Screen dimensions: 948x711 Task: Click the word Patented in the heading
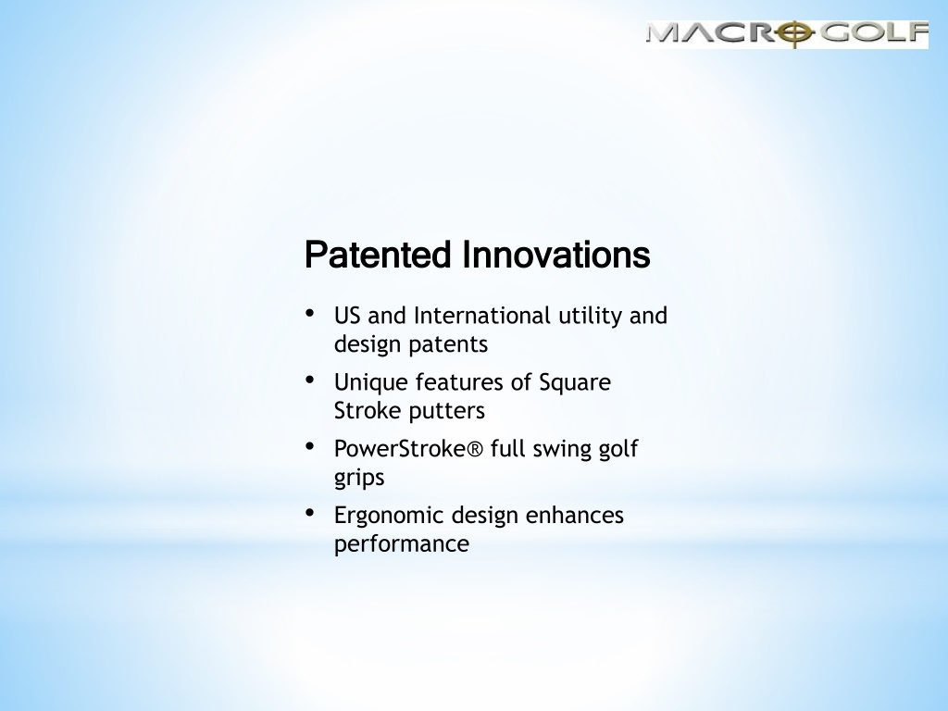(378, 255)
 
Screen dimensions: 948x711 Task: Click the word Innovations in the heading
(556, 255)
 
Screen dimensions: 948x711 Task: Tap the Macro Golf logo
(787, 34)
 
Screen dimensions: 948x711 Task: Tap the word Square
(574, 383)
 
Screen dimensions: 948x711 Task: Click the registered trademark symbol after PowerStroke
(476, 449)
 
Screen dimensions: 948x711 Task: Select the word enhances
(574, 515)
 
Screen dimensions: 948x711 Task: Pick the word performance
(402, 544)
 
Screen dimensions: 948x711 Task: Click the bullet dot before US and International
(310, 313)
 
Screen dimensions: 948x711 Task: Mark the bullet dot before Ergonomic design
(310, 513)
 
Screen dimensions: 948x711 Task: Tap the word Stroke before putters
(368, 411)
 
